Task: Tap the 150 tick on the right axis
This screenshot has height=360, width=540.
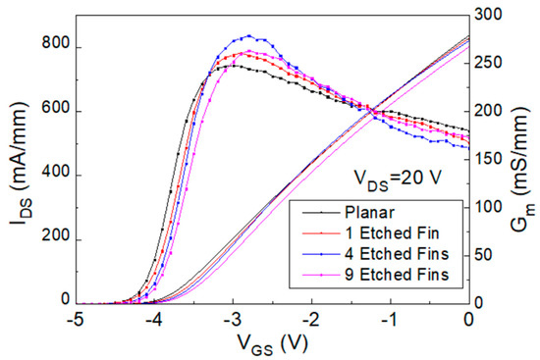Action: pyautogui.click(x=492, y=159)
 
